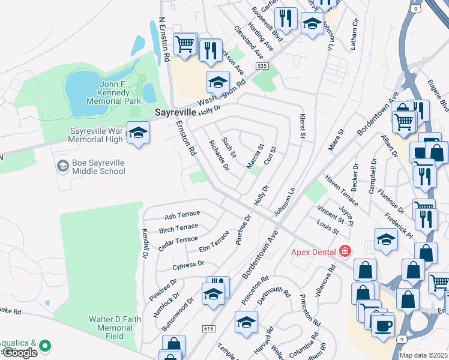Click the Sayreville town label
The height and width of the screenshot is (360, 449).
[x=175, y=112]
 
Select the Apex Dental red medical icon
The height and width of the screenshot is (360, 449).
[x=345, y=251]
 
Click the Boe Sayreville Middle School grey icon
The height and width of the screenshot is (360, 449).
[x=62, y=164]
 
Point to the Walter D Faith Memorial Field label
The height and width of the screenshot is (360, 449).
[x=110, y=324]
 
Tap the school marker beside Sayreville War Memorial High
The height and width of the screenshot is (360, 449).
[x=138, y=133]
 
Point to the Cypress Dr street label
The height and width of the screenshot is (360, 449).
[x=188, y=264]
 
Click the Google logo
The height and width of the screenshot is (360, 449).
[x=20, y=353]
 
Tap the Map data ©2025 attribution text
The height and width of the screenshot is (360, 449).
[x=423, y=355]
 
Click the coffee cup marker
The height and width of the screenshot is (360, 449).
[x=382, y=326]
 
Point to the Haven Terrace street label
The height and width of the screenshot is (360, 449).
[x=341, y=191]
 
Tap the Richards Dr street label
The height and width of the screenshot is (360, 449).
[x=218, y=155]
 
